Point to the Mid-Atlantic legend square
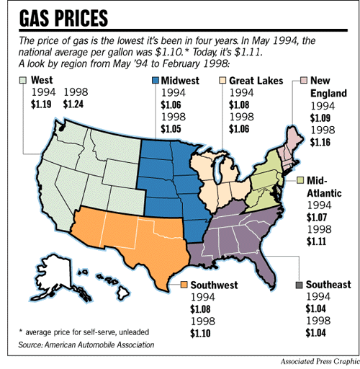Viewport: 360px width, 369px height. pos(300,179)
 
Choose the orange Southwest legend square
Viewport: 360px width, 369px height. pos(185,285)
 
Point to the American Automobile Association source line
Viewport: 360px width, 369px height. pos(86,346)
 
